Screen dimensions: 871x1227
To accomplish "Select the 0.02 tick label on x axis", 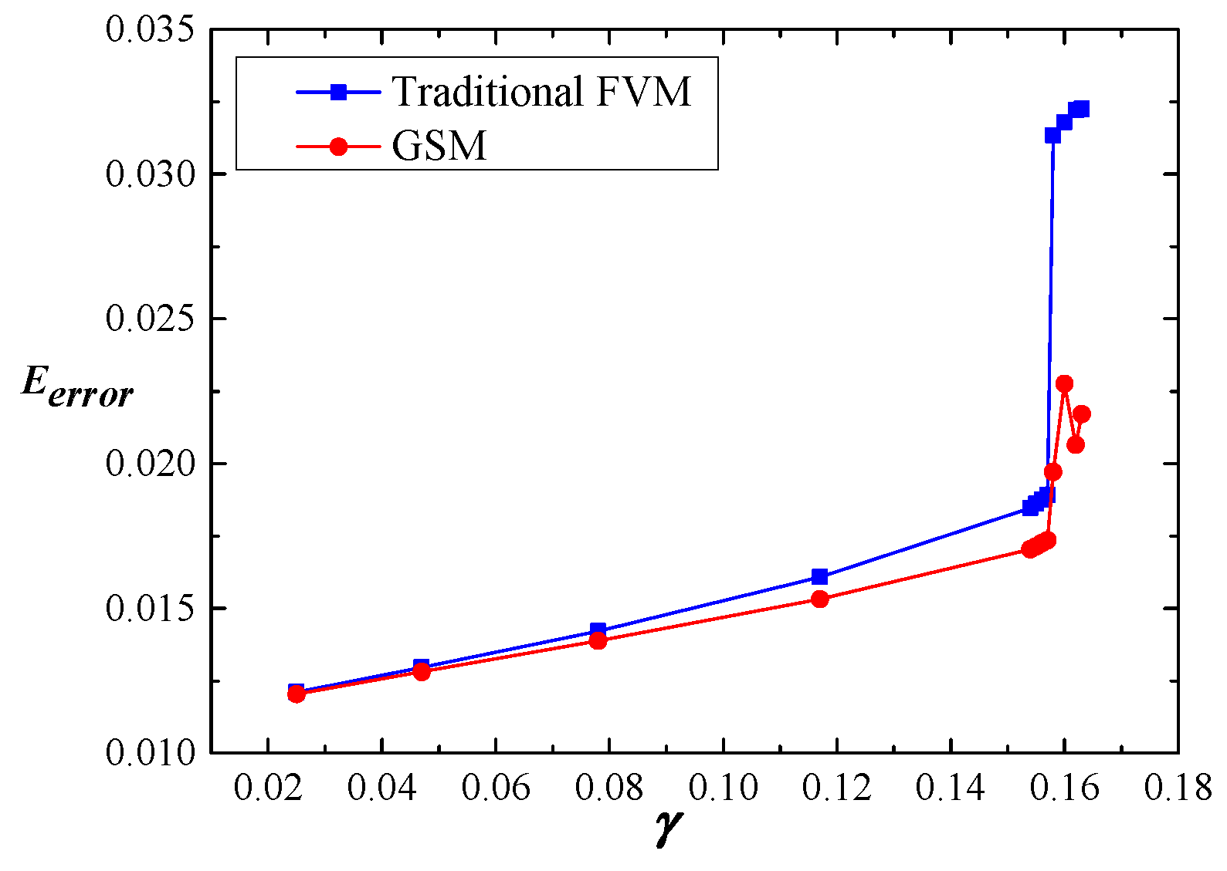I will pyautogui.click(x=267, y=788).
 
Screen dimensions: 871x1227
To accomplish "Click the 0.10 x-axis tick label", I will pyautogui.click(x=723, y=788).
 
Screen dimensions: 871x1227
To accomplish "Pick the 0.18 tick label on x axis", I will pyautogui.click(x=1178, y=788).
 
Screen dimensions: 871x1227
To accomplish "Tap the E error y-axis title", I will pyautogui.click(x=77, y=386).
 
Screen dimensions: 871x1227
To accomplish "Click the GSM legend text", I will pyautogui.click(x=439, y=146).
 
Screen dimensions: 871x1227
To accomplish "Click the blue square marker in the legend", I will pyautogui.click(x=338, y=92).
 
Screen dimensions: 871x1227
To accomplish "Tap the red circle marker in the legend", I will pyautogui.click(x=338, y=146).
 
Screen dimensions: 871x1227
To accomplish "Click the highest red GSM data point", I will pyautogui.click(x=1064, y=383).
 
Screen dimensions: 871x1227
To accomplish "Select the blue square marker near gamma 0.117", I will pyautogui.click(x=819, y=576).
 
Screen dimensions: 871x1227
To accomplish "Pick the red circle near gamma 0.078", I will pyautogui.click(x=598, y=640).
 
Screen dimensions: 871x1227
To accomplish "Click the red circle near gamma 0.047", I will pyautogui.click(x=421, y=672).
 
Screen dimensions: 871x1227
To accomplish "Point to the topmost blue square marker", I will pyautogui.click(x=1082, y=109).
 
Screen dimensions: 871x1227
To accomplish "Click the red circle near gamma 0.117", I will pyautogui.click(x=819, y=599).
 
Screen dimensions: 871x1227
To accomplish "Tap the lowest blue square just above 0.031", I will pyautogui.click(x=1052, y=135).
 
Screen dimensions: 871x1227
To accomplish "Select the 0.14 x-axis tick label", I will pyautogui.click(x=951, y=788).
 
